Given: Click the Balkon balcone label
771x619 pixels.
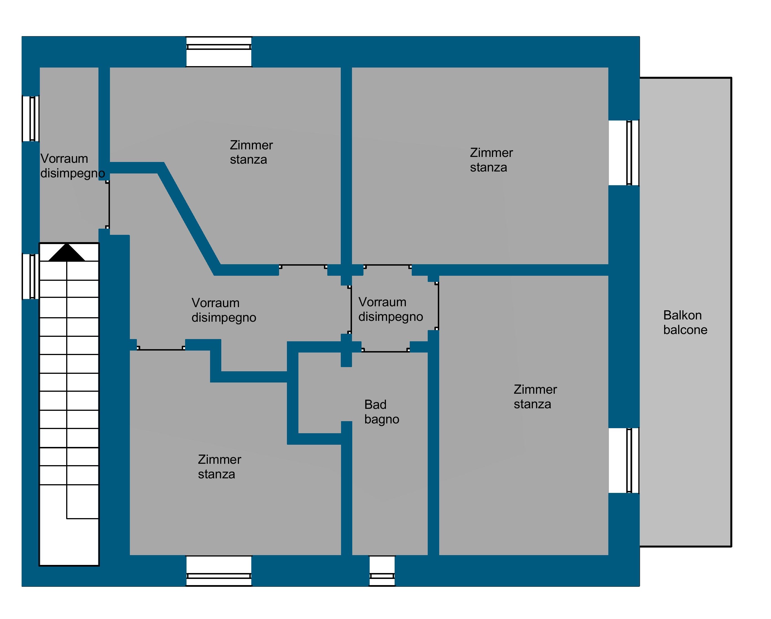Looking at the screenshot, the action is click(685, 322).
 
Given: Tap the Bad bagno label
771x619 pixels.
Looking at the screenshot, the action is click(381, 412).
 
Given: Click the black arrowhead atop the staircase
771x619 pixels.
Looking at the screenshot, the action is click(66, 253).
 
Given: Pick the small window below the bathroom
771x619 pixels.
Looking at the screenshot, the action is click(382, 571).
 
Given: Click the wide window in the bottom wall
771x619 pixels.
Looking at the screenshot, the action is click(219, 571).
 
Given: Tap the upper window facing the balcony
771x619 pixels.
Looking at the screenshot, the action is click(624, 153).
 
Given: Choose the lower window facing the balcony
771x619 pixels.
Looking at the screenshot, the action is click(624, 460).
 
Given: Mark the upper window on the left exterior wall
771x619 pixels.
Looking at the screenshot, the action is click(31, 119).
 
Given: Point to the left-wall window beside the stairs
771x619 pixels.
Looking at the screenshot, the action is click(31, 276).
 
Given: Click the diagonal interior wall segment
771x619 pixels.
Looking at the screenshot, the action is click(189, 219).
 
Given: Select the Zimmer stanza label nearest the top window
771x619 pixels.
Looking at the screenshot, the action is click(251, 152).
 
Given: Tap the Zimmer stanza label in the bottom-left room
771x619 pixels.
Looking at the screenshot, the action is click(220, 467).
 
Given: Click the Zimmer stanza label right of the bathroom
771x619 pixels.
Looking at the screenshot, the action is click(535, 397).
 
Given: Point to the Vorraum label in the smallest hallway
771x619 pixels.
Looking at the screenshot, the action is click(382, 302).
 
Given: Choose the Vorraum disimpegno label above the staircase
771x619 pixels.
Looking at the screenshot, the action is click(73, 166).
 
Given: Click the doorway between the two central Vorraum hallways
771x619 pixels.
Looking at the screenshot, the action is click(351, 309).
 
